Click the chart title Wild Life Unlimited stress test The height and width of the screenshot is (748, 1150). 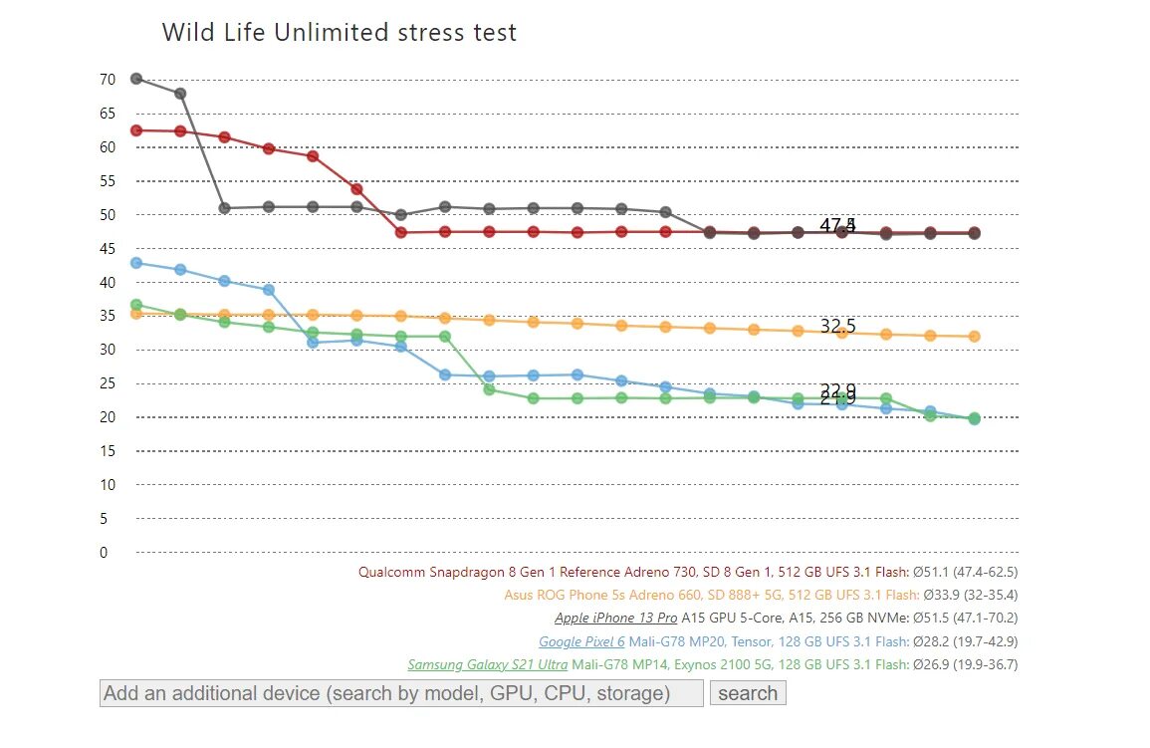[x=339, y=33]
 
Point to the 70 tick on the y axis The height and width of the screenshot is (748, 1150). [x=108, y=80]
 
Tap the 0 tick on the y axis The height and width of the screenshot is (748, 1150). [x=104, y=553]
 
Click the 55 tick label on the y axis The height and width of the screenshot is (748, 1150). [x=108, y=181]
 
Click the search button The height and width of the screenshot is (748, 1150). [x=747, y=693]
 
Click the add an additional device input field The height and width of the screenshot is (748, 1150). [x=401, y=693]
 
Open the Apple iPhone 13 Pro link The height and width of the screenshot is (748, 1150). [x=615, y=619]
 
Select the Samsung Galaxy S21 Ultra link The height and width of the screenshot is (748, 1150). [x=487, y=664]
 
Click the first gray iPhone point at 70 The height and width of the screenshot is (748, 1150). [x=136, y=79]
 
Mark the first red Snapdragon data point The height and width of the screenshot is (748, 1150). [x=136, y=130]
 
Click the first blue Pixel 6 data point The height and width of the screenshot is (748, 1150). [x=136, y=263]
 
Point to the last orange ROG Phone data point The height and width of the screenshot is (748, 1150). [x=974, y=337]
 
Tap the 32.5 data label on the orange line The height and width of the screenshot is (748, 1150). [x=837, y=326]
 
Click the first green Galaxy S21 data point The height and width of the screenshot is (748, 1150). [x=136, y=305]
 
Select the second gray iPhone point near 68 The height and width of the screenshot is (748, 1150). [x=180, y=94]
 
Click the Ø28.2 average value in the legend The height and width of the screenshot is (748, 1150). [x=931, y=641]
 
